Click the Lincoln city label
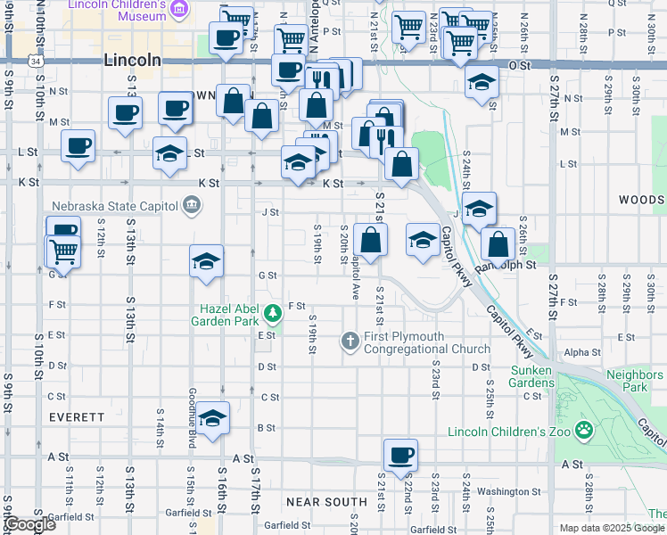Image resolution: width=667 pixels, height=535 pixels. pyautogui.click(x=132, y=61)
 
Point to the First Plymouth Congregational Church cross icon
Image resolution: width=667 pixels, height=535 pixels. pyautogui.click(x=350, y=340)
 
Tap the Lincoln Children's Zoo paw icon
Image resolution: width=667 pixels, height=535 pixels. pyautogui.click(x=583, y=431)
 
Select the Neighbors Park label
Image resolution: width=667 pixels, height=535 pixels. pyautogui.click(x=634, y=381)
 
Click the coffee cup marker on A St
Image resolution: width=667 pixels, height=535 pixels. pyautogui.click(x=400, y=455)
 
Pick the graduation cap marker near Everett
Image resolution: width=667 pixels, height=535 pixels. pyautogui.click(x=213, y=419)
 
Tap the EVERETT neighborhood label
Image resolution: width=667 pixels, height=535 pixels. pyautogui.click(x=77, y=416)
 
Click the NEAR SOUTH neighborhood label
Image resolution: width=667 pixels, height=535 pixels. pyautogui.click(x=326, y=502)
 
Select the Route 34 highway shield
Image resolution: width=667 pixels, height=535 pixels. pyautogui.click(x=34, y=62)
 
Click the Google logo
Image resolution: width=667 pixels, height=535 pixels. pyautogui.click(x=29, y=524)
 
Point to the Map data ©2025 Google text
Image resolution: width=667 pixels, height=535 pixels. pyautogui.click(x=612, y=528)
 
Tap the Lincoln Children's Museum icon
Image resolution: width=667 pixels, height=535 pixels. pyautogui.click(x=179, y=10)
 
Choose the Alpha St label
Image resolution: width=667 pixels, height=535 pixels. pyautogui.click(x=581, y=352)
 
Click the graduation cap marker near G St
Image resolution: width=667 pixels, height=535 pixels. pyautogui.click(x=206, y=261)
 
